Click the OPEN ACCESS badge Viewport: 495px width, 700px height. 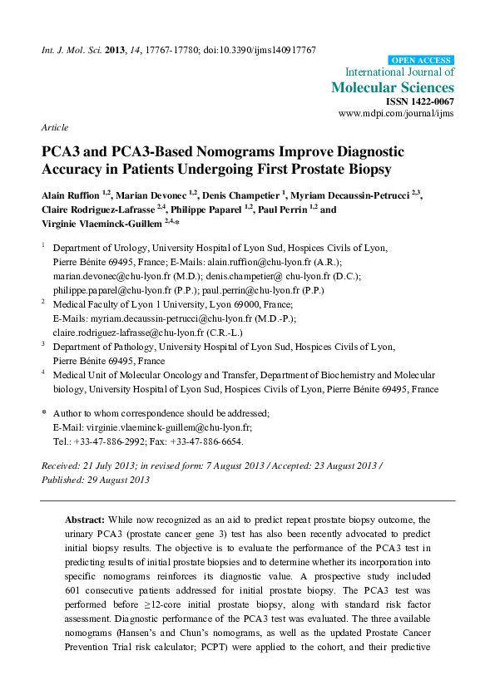click(422, 61)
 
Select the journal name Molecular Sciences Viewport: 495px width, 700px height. click(393, 87)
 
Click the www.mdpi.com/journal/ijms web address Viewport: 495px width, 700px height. click(396, 112)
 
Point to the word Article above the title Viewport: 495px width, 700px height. click(53, 127)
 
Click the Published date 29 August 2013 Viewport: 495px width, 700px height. click(97, 480)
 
